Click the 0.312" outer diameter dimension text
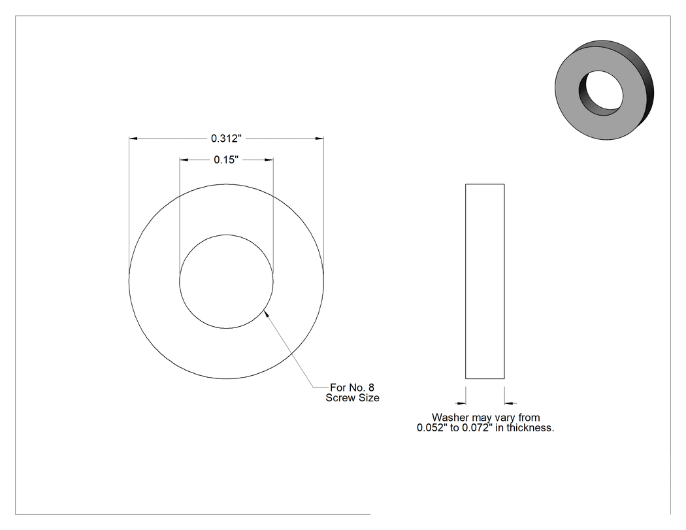(x=226, y=139)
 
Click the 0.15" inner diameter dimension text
(x=226, y=159)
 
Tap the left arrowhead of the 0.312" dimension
(x=133, y=139)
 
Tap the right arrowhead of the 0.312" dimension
(x=319, y=139)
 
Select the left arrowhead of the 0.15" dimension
(x=184, y=159)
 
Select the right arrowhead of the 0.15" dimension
(x=269, y=159)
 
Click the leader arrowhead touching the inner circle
(x=265, y=314)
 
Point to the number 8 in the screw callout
(x=372, y=388)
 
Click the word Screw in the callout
(x=339, y=398)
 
